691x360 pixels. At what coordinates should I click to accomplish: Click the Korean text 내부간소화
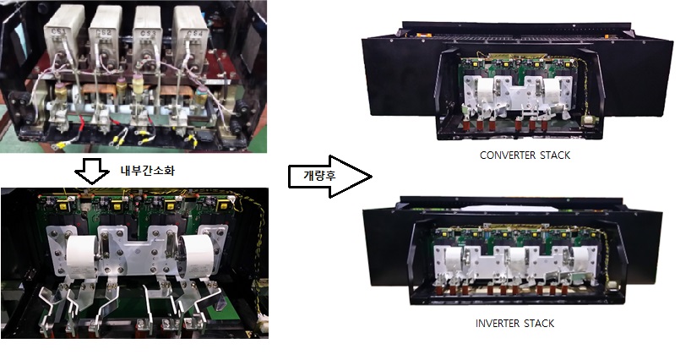click(147, 171)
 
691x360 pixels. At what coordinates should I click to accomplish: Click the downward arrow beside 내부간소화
click(92, 171)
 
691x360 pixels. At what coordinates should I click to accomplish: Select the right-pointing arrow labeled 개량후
click(329, 177)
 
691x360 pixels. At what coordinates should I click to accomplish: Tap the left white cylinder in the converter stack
click(486, 92)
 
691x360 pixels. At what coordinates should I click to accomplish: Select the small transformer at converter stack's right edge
click(587, 121)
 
